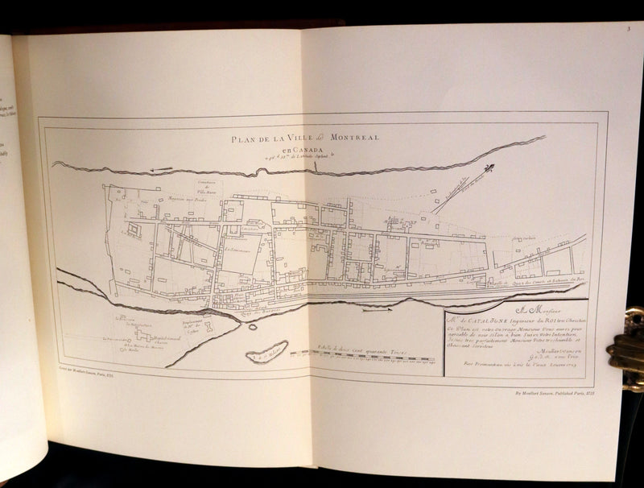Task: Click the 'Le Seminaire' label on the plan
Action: pos(238,250)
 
